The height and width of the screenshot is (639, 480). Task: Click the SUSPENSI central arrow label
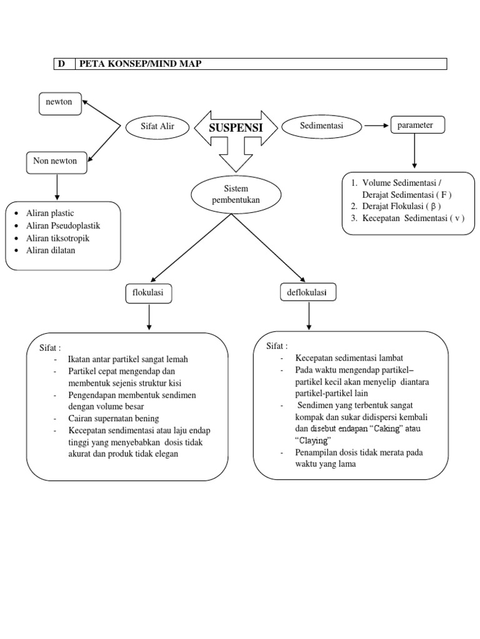point(235,129)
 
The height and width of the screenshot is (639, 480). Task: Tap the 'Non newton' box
point(56,162)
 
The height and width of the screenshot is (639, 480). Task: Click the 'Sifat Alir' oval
point(157,127)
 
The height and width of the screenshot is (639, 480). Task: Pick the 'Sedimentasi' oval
point(321,126)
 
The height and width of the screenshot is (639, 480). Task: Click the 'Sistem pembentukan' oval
point(231,194)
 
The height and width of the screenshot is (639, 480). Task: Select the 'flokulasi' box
point(149,293)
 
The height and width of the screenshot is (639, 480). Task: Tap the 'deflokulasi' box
point(308,292)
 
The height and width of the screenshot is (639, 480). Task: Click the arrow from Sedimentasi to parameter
point(376,126)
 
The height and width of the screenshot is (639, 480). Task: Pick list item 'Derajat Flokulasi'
point(402,206)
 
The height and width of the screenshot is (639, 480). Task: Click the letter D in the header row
point(61,64)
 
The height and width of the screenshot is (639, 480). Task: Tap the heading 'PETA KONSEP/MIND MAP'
point(140,64)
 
